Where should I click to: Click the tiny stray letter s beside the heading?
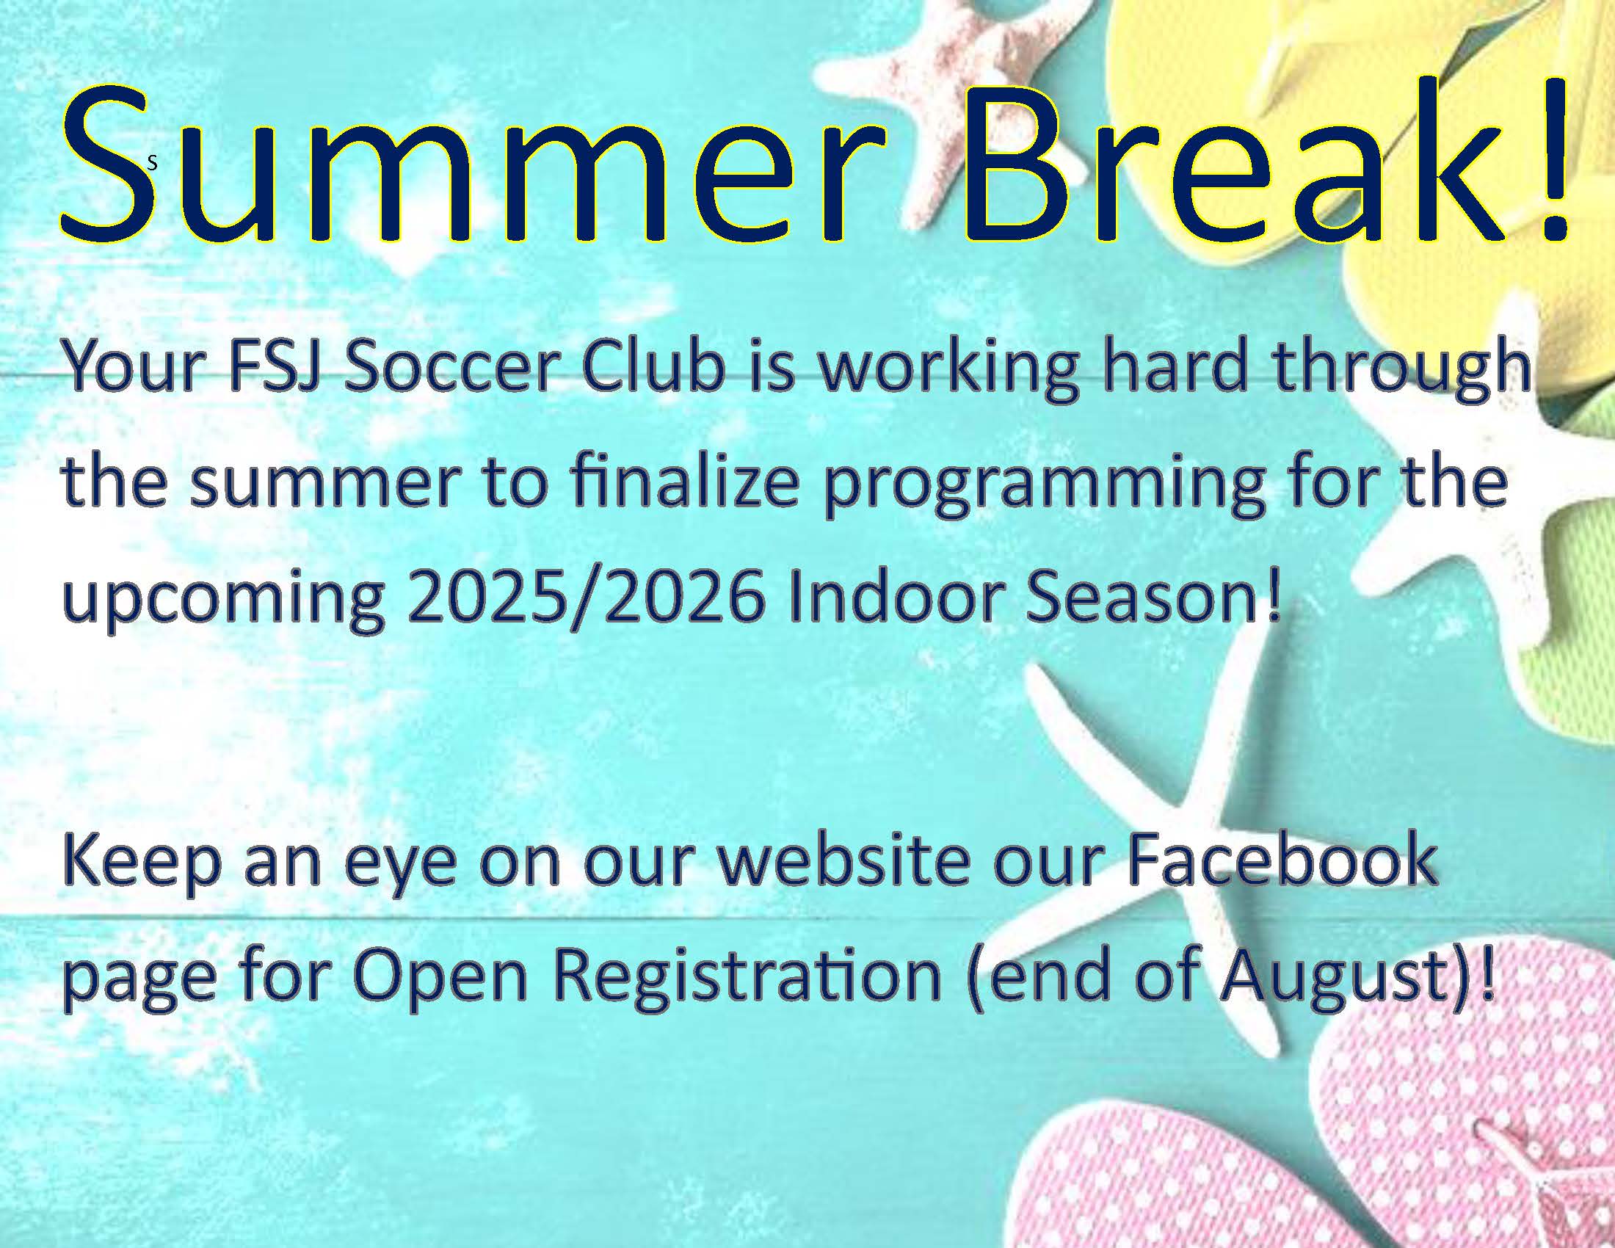153,164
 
